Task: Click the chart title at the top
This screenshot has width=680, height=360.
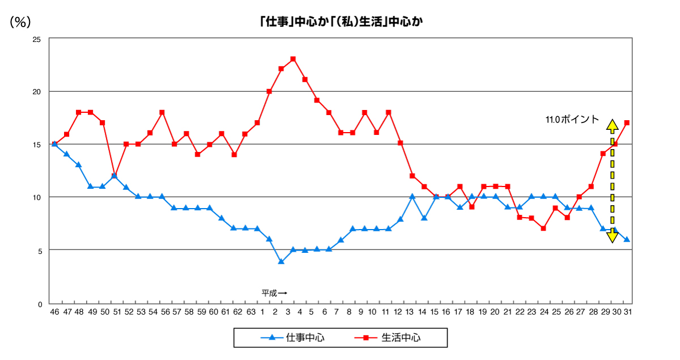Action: [341, 22]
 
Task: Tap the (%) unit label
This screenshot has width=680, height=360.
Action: [20, 22]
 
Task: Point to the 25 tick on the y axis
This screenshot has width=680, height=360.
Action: [37, 40]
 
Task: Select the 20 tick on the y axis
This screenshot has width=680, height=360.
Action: [37, 92]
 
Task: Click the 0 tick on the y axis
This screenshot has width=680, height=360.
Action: [39, 304]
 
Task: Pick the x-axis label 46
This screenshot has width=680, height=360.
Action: [54, 312]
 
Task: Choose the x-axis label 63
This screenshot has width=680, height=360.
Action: [250, 312]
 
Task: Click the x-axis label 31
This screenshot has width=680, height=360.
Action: [627, 312]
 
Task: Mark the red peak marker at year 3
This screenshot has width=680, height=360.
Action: [293, 59]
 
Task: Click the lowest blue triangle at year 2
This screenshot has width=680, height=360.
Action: [281, 261]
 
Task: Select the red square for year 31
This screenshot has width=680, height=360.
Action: [627, 122]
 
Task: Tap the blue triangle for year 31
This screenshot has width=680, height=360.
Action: [627, 239]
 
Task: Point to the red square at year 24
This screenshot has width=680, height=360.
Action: [543, 228]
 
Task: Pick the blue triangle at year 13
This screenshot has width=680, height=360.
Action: [412, 197]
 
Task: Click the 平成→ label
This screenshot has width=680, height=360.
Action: [274, 293]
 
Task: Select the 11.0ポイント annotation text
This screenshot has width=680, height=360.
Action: [572, 120]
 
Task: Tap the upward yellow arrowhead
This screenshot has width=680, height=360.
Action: [612, 125]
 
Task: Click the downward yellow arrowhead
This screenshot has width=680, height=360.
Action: [612, 237]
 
